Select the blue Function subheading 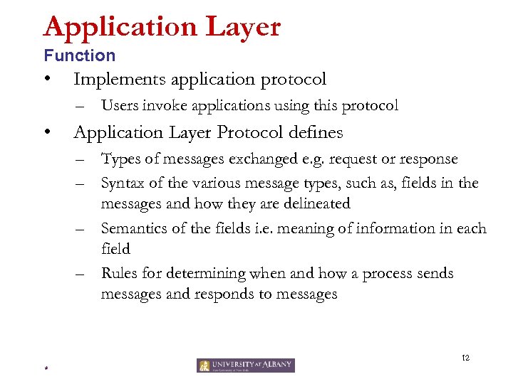point(79,55)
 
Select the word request point(362,159)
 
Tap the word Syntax point(123,183)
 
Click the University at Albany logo point(245,366)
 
